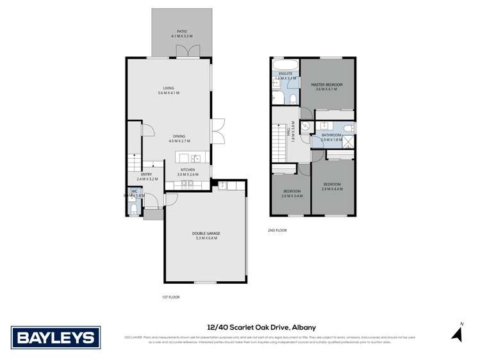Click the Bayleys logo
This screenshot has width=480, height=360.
click(56, 337)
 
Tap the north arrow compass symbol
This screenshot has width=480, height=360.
click(457, 333)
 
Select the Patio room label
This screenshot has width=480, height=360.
click(182, 34)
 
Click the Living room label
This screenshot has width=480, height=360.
click(169, 91)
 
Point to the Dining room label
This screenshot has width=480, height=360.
click(179, 138)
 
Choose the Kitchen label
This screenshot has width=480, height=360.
click(187, 172)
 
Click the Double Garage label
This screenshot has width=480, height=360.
click(206, 235)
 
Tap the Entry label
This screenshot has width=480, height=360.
click(146, 177)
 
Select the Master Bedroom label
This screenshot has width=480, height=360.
click(327, 87)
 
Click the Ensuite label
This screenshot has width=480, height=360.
click(286, 76)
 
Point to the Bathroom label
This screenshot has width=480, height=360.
click(331, 137)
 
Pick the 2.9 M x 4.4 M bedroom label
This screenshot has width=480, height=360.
click(332, 186)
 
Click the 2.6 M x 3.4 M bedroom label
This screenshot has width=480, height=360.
click(292, 193)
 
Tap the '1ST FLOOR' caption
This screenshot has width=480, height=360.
click(171, 297)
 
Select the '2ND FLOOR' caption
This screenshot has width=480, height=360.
click(277, 230)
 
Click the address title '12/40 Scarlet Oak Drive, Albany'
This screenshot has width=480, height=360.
click(261, 327)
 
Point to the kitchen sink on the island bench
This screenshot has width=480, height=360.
click(195, 158)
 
